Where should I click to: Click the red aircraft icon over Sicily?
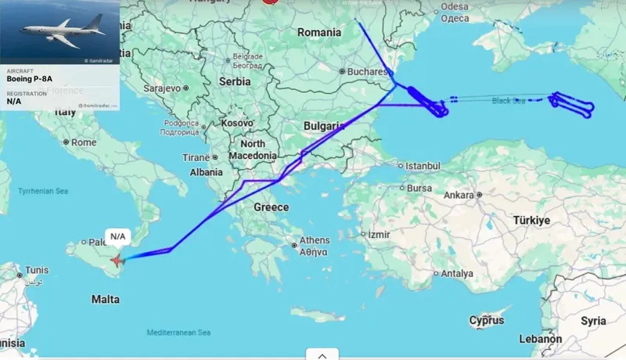click(117, 260)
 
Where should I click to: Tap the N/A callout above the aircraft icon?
click(117, 236)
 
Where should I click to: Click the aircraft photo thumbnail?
click(60, 32)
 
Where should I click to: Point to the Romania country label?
click(319, 33)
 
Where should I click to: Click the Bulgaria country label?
click(325, 125)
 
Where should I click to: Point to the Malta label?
click(106, 299)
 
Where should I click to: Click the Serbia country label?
click(235, 81)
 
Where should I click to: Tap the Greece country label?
click(271, 207)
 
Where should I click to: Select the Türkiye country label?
click(531, 220)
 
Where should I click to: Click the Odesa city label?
click(455, 7)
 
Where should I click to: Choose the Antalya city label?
click(457, 274)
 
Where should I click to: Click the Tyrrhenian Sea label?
click(43, 191)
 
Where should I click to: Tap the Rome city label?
click(83, 142)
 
